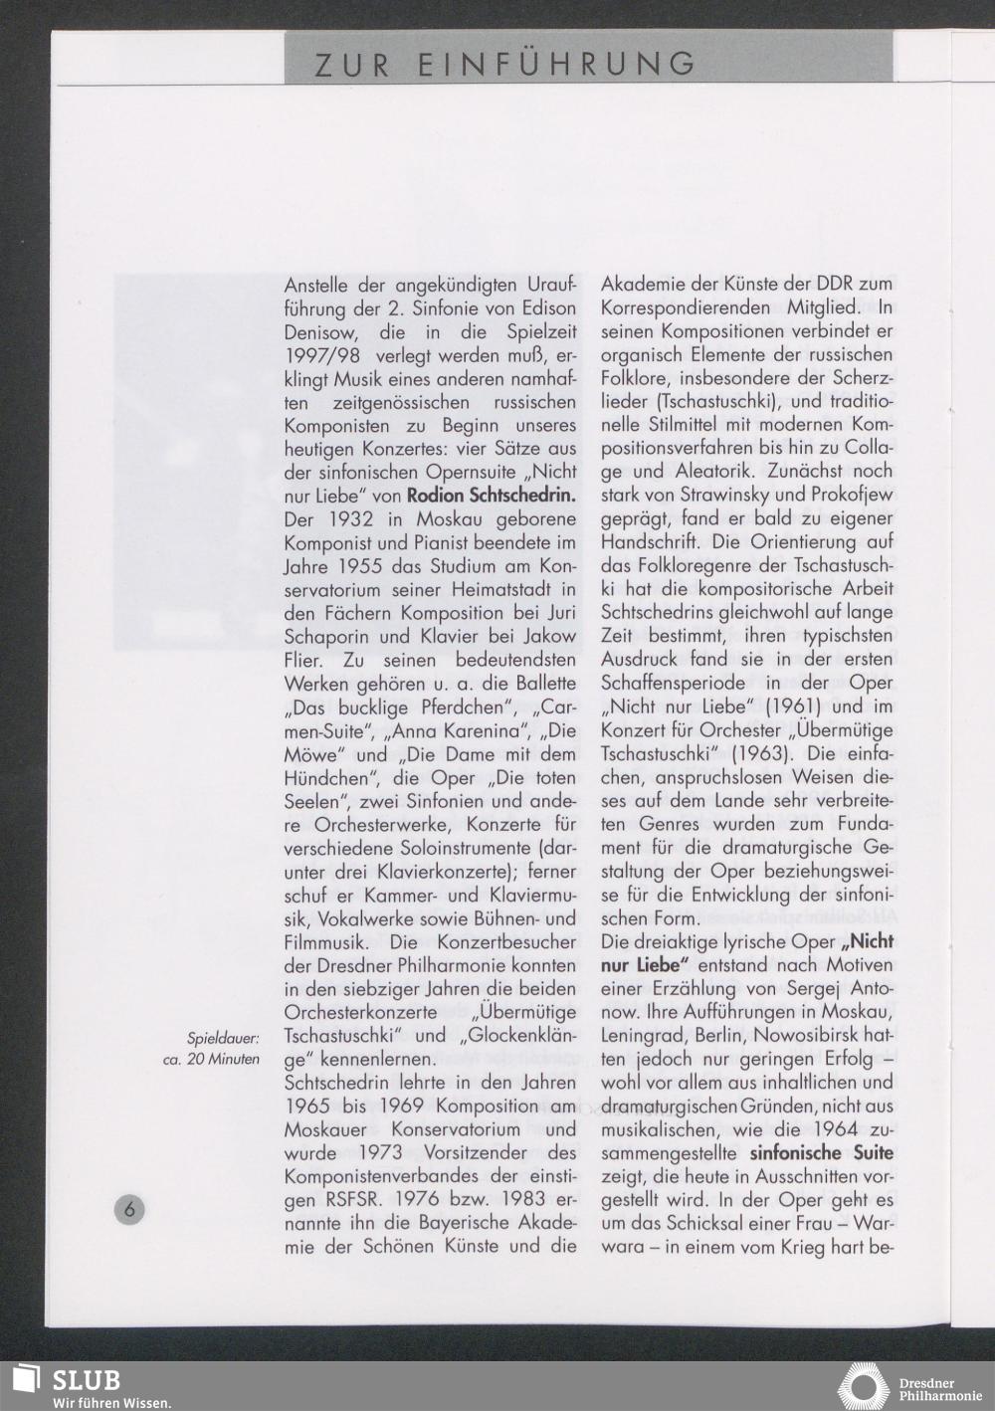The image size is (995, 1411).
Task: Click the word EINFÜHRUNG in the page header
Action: click(557, 64)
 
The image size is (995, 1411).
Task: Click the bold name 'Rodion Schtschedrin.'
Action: click(492, 496)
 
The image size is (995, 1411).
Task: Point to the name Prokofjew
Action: click(850, 496)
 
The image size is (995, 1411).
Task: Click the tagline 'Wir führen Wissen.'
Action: click(112, 1402)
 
